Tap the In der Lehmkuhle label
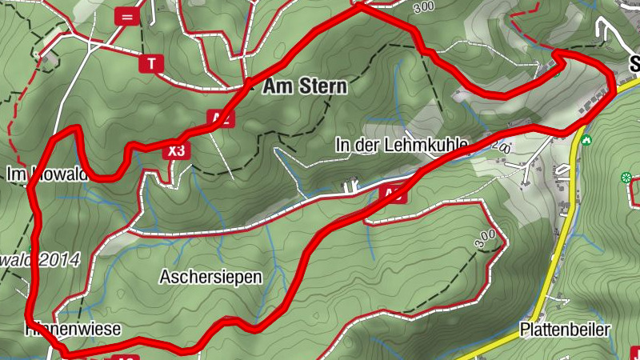coord(401,145)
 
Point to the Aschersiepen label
coord(210,278)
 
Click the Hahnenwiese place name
coord(74,329)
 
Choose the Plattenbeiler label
coord(565,330)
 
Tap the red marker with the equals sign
coord(126,15)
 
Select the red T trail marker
coord(150,62)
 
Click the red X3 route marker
coord(177,150)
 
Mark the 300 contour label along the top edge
coord(425,7)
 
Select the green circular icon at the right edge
coord(626,177)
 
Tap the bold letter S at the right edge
coord(634,62)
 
